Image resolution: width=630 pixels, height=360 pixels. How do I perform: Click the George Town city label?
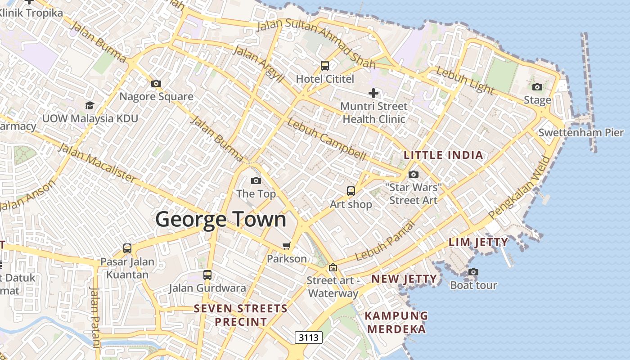pyautogui.click(x=221, y=219)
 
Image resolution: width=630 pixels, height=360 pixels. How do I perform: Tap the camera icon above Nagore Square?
pyautogui.click(x=156, y=83)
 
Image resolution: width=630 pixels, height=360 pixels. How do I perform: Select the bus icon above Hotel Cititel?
pyautogui.click(x=325, y=66)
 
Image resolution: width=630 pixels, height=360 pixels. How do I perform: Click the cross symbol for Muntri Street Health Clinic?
pyautogui.click(x=373, y=93)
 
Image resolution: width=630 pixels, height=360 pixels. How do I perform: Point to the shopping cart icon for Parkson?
pyautogui.click(x=287, y=246)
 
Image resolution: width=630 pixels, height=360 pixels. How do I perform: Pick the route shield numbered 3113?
pyautogui.click(x=309, y=337)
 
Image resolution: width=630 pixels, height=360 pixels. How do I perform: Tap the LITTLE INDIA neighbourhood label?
pyautogui.click(x=443, y=155)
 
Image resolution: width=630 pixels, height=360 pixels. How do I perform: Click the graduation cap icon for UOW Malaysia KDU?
pyautogui.click(x=90, y=105)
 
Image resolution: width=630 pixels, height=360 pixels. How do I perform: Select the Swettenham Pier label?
pyautogui.click(x=581, y=132)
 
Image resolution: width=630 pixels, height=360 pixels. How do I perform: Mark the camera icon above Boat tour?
pyautogui.click(x=473, y=272)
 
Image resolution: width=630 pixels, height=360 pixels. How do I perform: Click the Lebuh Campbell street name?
pyautogui.click(x=327, y=139)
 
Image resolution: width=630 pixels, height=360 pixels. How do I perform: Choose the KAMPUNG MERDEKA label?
pyautogui.click(x=396, y=322)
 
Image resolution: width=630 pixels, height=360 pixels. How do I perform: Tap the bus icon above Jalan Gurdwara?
pyautogui.click(x=207, y=274)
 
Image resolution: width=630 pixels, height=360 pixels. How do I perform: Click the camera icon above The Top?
pyautogui.click(x=256, y=180)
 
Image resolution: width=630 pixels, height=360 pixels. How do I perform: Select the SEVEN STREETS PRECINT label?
pyautogui.click(x=240, y=315)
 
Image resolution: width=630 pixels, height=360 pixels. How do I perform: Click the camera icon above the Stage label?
pyautogui.click(x=537, y=87)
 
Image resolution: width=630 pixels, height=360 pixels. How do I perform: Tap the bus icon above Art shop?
pyautogui.click(x=351, y=191)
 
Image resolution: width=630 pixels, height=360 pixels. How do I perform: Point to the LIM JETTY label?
pyautogui.click(x=478, y=242)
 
